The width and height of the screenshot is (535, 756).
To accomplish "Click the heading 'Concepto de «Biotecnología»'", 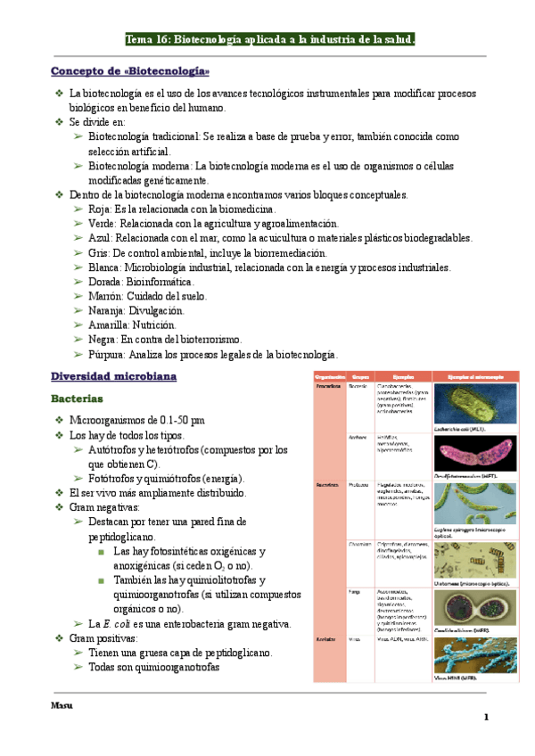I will (x=130, y=70).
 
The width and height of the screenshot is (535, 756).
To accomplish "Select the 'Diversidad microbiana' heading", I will (x=113, y=376).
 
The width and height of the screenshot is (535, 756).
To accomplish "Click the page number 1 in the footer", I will (x=487, y=717).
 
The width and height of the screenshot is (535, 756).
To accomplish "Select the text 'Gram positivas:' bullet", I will (x=104, y=638).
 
